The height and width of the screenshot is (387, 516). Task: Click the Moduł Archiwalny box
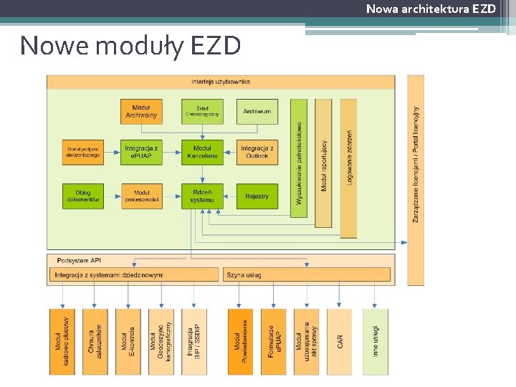pos(141,111)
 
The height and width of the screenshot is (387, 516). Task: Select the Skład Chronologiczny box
pos(202,111)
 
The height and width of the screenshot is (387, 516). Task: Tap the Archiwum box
pos(257,111)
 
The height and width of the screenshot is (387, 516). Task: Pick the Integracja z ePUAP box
pos(141,152)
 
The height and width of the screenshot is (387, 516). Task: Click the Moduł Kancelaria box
pos(202,152)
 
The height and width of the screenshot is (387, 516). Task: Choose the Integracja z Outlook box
pos(257,152)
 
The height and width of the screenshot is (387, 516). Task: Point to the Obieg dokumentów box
pos(82,196)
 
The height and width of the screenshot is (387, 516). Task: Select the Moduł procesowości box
pos(141,196)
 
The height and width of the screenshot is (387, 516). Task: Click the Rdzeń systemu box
pos(202,196)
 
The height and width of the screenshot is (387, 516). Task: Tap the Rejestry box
pos(257,196)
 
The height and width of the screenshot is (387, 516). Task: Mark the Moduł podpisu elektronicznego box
pos(82,152)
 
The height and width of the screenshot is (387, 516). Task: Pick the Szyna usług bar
pos(307,274)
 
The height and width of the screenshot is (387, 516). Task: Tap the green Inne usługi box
pos(375,341)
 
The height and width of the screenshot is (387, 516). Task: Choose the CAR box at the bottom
pos(340,341)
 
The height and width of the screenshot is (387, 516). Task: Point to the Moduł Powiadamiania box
pos(240,341)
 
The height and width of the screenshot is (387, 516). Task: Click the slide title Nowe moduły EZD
pos(130,46)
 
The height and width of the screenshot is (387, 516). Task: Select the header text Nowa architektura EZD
pos(431,9)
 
